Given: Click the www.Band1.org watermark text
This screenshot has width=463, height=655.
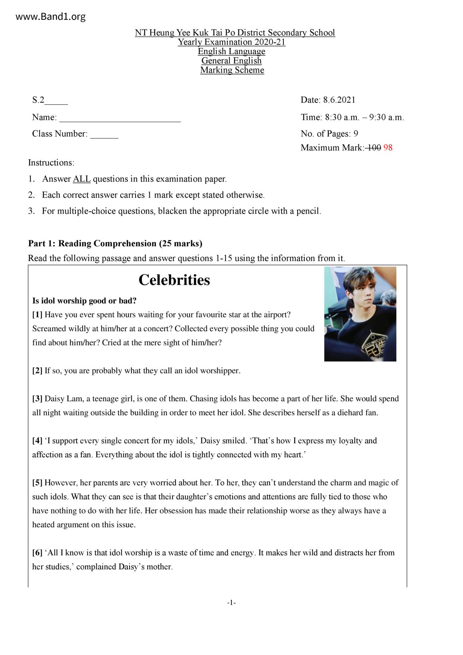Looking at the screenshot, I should [x=51, y=17].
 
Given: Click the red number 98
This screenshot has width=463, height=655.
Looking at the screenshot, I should [x=388, y=148].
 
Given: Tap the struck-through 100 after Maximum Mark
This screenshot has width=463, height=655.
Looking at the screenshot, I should [x=373, y=148].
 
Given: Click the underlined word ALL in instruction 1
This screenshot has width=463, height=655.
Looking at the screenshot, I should [x=82, y=179].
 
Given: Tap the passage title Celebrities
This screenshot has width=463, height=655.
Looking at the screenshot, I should [x=174, y=280].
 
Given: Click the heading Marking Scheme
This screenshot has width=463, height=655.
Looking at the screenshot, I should [x=232, y=70].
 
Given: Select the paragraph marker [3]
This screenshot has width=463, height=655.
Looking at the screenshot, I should [x=37, y=399].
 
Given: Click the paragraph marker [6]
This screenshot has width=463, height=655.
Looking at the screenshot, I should [x=37, y=553].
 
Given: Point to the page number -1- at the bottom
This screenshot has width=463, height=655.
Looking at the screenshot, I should [x=232, y=603].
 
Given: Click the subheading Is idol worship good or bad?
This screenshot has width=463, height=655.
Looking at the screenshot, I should [x=84, y=301].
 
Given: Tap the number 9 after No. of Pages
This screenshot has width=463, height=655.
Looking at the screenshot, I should [x=356, y=134].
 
